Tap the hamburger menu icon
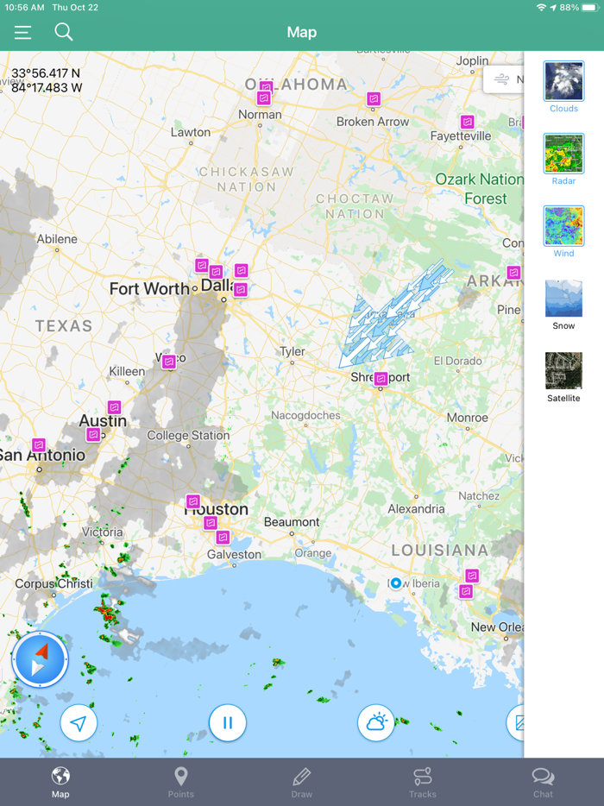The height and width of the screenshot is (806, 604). pos(22,33)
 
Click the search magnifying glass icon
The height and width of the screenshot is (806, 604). pos(64,32)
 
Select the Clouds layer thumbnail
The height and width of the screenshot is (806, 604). pos(563,81)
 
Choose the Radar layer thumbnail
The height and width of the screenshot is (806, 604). pos(563,154)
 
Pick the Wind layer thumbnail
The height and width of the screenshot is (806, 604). pos(563,226)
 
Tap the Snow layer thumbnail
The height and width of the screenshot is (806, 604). pos(563,299)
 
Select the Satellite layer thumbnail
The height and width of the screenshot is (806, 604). pos(563,371)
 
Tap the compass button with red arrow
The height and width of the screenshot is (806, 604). pos(41,660)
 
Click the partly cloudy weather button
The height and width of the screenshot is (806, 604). pos(376,722)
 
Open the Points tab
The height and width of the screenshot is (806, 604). pos(180,782)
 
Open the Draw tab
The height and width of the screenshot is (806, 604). pos(301,782)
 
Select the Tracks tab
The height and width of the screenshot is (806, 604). pos(422,782)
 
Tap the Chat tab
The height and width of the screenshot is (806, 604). pos(543,782)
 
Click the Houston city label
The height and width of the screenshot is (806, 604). pos(217,509)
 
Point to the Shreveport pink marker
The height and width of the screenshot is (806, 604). pos(381,378)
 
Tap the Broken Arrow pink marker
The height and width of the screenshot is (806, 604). pos(374,99)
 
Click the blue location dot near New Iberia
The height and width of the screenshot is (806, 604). pos(395,583)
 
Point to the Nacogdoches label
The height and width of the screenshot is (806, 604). pos(305,415)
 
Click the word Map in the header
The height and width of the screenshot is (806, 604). pos(301,32)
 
